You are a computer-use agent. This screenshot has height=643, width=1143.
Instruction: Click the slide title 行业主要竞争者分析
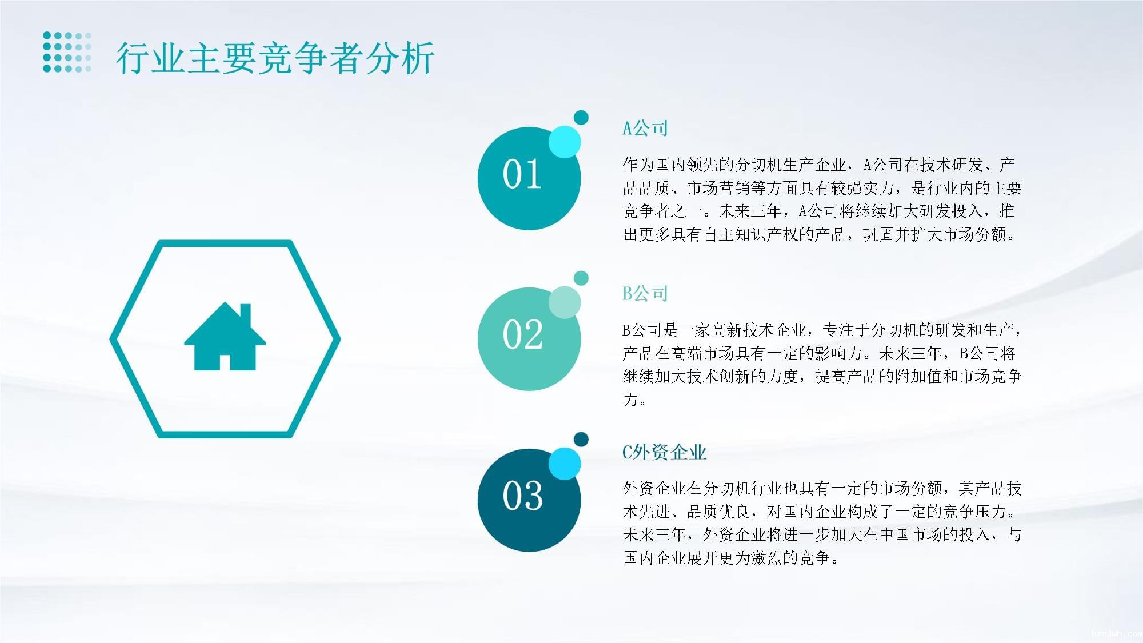click(x=275, y=58)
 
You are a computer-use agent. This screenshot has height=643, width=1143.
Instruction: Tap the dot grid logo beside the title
click(x=67, y=52)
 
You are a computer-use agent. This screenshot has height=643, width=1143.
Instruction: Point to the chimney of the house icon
click(x=245, y=316)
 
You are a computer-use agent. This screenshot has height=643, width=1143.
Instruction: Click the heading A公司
click(x=645, y=128)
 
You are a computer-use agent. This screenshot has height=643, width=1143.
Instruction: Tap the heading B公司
click(x=645, y=293)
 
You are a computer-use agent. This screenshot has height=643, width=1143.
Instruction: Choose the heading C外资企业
click(x=665, y=452)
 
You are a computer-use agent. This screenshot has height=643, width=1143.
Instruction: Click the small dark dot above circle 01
click(x=581, y=118)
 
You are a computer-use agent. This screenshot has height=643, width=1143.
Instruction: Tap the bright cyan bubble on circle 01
click(x=565, y=142)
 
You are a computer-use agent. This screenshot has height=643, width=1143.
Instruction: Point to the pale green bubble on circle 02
click(x=565, y=302)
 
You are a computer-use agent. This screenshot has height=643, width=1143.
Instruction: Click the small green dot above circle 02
click(x=581, y=278)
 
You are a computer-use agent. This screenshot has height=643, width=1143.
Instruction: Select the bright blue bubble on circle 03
click(x=565, y=464)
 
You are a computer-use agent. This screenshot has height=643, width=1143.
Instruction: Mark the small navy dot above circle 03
click(x=581, y=439)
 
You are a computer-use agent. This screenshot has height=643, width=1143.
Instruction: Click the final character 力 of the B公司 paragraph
click(x=630, y=399)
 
